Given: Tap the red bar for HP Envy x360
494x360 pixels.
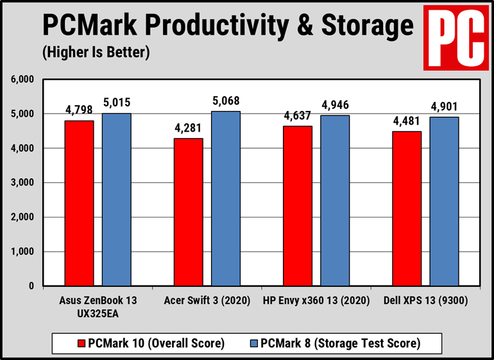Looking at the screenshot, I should [x=298, y=205].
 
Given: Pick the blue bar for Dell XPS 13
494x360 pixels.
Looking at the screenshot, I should [x=444, y=201].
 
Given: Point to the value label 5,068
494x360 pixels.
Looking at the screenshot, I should [x=226, y=101].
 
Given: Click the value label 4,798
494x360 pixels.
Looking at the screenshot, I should [x=79, y=110].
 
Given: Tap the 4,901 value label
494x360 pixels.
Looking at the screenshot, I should [x=444, y=107].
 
